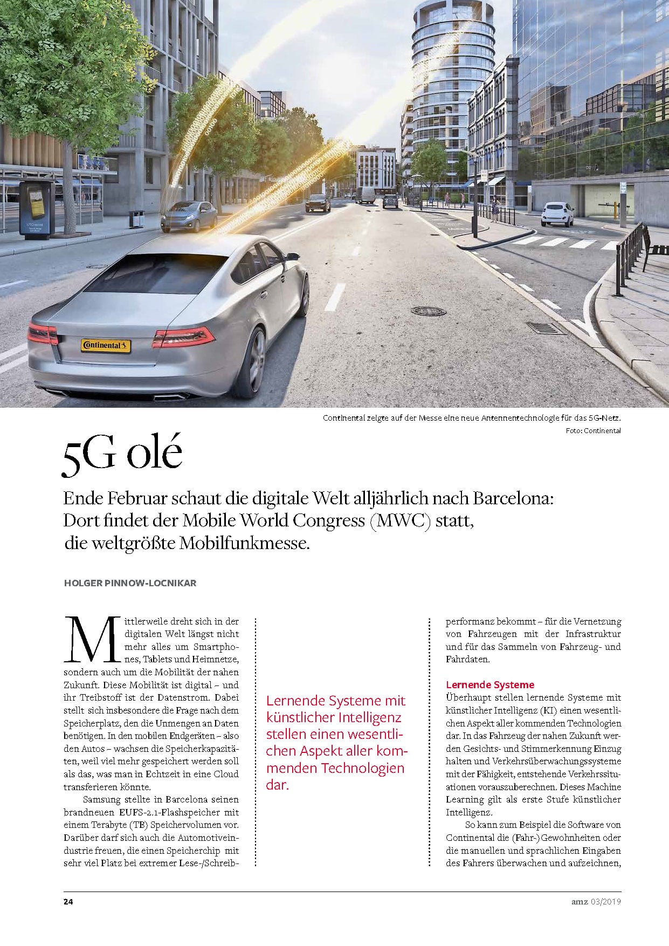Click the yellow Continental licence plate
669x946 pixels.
106,345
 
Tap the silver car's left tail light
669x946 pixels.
43,334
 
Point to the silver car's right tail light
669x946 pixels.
183,337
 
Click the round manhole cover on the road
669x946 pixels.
428,311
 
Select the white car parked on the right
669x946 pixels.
557,214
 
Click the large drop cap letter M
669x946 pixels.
92,641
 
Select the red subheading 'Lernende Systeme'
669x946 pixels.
489,685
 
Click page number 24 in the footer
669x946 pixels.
68,902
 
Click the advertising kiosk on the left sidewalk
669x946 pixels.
37,210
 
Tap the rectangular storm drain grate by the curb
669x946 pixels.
545,328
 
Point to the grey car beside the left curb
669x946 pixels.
189,217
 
